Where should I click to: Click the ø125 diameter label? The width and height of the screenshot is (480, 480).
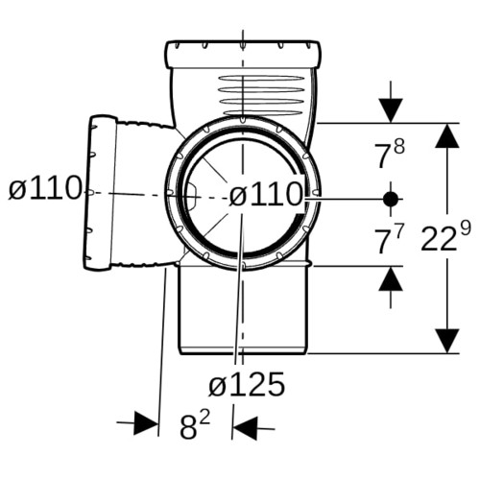[247, 384]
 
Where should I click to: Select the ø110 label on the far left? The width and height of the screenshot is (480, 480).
[45, 188]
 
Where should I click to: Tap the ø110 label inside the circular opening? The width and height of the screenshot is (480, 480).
[266, 194]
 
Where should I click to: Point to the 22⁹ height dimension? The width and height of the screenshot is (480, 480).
[445, 236]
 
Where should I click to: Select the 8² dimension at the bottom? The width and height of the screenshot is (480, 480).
[195, 424]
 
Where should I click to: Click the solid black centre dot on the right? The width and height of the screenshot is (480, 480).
[391, 199]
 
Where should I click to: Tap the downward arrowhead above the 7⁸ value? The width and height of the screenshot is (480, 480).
[391, 110]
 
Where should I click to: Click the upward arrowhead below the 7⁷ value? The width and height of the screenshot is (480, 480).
[391, 278]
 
